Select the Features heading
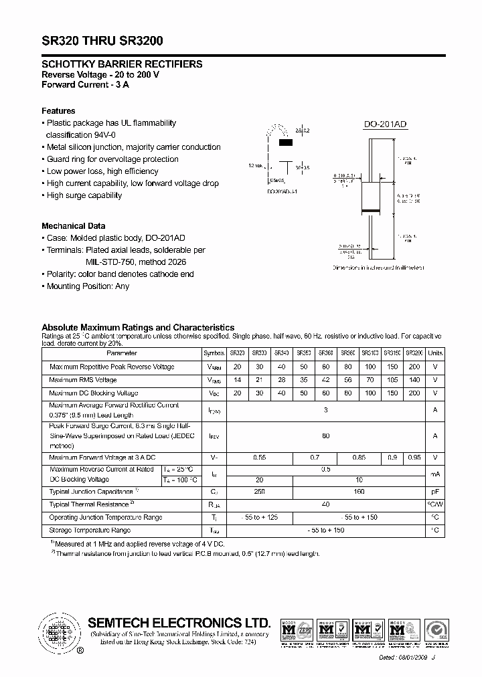click(x=58, y=111)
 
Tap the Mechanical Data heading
click(x=73, y=226)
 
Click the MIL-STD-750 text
click(x=112, y=262)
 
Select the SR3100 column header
click(x=370, y=353)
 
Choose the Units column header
click(x=435, y=353)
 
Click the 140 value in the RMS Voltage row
click(x=415, y=380)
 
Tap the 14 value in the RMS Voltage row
click(x=238, y=380)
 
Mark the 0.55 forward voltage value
click(x=260, y=458)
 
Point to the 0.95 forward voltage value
click(x=415, y=458)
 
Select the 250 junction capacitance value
click(x=260, y=492)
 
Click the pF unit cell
click(x=435, y=492)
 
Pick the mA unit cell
click(x=435, y=474)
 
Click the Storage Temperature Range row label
click(x=90, y=530)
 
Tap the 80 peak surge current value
click(x=326, y=436)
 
